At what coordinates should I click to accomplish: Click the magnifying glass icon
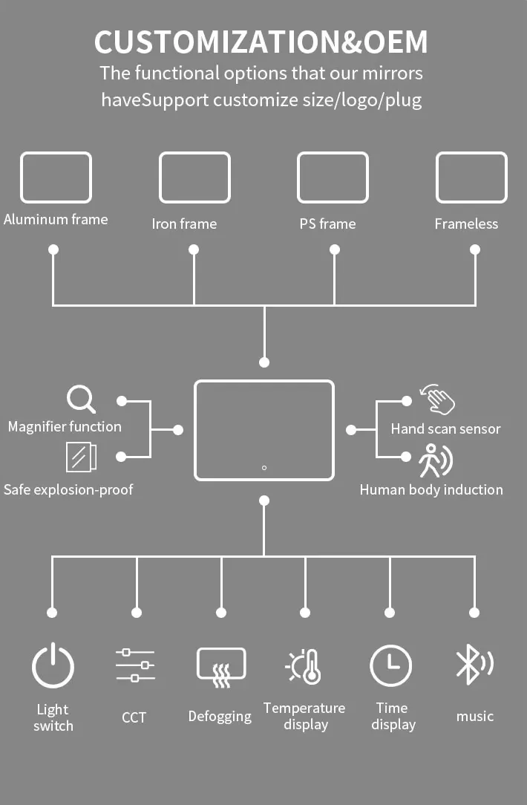pyautogui.click(x=81, y=399)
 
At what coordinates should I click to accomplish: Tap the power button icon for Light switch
pyautogui.click(x=53, y=665)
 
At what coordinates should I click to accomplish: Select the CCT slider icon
pyautogui.click(x=135, y=665)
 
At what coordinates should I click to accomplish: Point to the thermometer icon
pyautogui.click(x=304, y=666)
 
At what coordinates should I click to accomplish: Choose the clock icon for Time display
pyautogui.click(x=390, y=665)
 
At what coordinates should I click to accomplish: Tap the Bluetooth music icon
pyautogui.click(x=473, y=663)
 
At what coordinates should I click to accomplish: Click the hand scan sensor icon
pyautogui.click(x=437, y=400)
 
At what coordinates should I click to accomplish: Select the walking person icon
pyautogui.click(x=435, y=460)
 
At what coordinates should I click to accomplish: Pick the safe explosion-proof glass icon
pyautogui.click(x=81, y=457)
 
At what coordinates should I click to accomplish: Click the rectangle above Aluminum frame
pyautogui.click(x=56, y=177)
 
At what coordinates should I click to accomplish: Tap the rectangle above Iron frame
pyautogui.click(x=194, y=177)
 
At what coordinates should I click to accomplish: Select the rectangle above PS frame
pyautogui.click(x=333, y=177)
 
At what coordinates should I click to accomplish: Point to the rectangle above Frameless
pyautogui.click(x=471, y=177)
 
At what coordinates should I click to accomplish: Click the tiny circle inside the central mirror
pyautogui.click(x=264, y=468)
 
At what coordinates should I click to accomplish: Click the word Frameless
pyautogui.click(x=466, y=224)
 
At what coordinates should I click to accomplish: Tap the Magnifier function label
pyautogui.click(x=65, y=426)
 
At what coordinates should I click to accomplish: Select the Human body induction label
pyautogui.click(x=431, y=489)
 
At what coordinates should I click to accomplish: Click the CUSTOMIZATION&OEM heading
pyautogui.click(x=261, y=42)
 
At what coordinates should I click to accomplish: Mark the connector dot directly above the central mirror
pyautogui.click(x=264, y=362)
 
